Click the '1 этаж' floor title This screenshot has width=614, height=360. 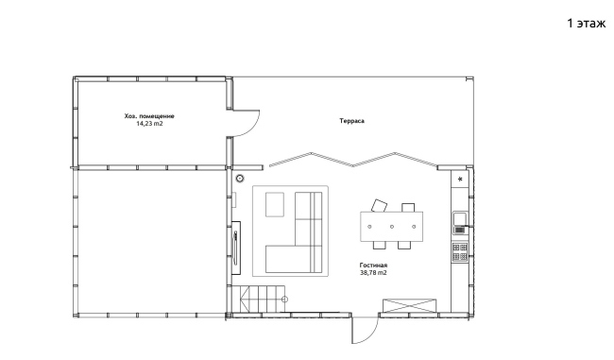coord(587,24)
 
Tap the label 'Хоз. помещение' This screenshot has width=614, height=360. coord(149,116)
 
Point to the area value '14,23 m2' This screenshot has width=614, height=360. coord(149,124)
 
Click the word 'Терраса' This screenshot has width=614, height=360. coord(351,121)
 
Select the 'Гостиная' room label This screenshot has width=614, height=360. coord(373,266)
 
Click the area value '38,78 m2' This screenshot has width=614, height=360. coord(373,273)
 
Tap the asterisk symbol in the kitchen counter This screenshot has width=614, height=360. coord(460,180)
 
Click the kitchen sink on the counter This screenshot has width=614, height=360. coord(460,222)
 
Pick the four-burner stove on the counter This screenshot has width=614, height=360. coord(460,252)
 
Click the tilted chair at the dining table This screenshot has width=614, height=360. coord(379,205)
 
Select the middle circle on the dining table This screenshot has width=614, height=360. coord(392,227)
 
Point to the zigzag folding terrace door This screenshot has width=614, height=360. coord(353,160)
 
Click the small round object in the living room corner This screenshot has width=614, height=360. coord(240,179)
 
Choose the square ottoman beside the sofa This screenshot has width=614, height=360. coord(275,204)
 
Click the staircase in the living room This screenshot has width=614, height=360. coord(259,300)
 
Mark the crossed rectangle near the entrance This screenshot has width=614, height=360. coord(409,305)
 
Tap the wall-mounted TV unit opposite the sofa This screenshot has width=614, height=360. coord(236,248)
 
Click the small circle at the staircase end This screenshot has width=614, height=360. coord(284,300)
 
